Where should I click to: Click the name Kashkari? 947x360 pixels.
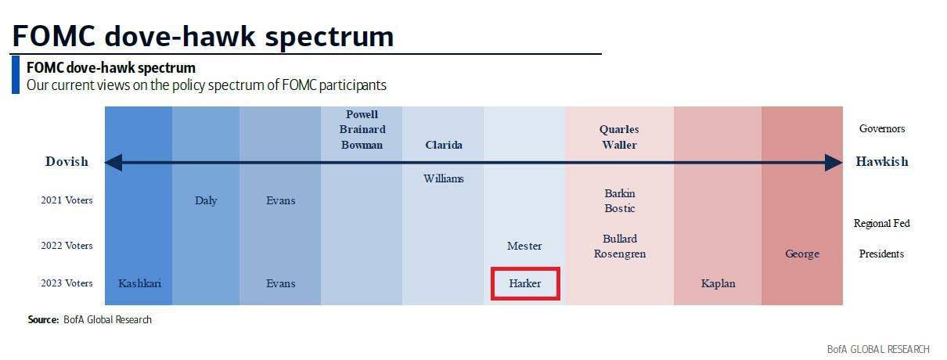(x=139, y=283)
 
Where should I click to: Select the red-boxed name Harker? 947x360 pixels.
(x=524, y=283)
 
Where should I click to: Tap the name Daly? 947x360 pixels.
(x=206, y=200)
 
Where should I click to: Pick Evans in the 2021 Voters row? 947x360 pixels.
(x=280, y=200)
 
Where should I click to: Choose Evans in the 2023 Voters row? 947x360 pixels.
(x=280, y=283)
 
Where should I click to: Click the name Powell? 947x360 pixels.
(x=362, y=114)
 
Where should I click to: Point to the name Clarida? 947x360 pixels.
(x=444, y=145)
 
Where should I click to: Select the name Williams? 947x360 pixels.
(x=444, y=178)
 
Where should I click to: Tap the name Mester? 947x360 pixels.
(x=524, y=246)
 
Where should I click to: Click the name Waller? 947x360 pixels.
(x=619, y=145)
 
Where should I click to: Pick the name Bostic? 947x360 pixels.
(x=620, y=208)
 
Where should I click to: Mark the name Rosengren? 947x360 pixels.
(x=620, y=254)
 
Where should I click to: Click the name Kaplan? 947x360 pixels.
(x=718, y=283)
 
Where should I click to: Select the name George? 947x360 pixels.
(x=802, y=254)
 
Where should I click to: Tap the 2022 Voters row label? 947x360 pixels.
(x=67, y=246)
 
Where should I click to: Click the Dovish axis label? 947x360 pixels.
(x=67, y=161)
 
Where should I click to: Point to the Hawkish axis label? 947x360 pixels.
(x=882, y=161)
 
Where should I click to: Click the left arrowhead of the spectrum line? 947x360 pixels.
(x=106, y=162)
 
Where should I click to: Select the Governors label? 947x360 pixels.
(x=882, y=128)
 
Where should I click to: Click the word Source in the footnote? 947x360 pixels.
(x=43, y=319)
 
